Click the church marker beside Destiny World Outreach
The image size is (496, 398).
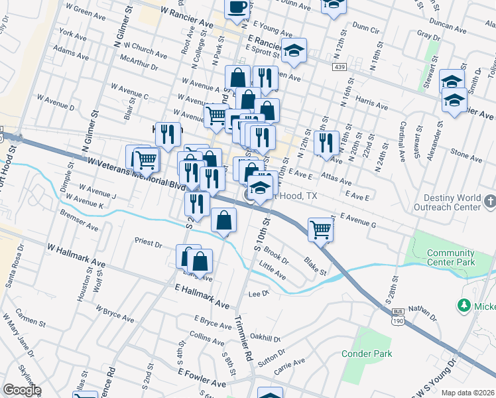pyautogui.click(x=489, y=200)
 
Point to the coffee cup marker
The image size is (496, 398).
pyautogui.click(x=237, y=8)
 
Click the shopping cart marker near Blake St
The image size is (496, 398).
pyautogui.click(x=320, y=230)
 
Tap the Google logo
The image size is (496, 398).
pyautogui.click(x=22, y=390)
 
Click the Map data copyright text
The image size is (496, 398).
pyautogui.click(x=468, y=393)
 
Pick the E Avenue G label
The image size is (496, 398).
pyautogui.click(x=358, y=220)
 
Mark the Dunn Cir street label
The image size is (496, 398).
pyautogui.click(x=366, y=29)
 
